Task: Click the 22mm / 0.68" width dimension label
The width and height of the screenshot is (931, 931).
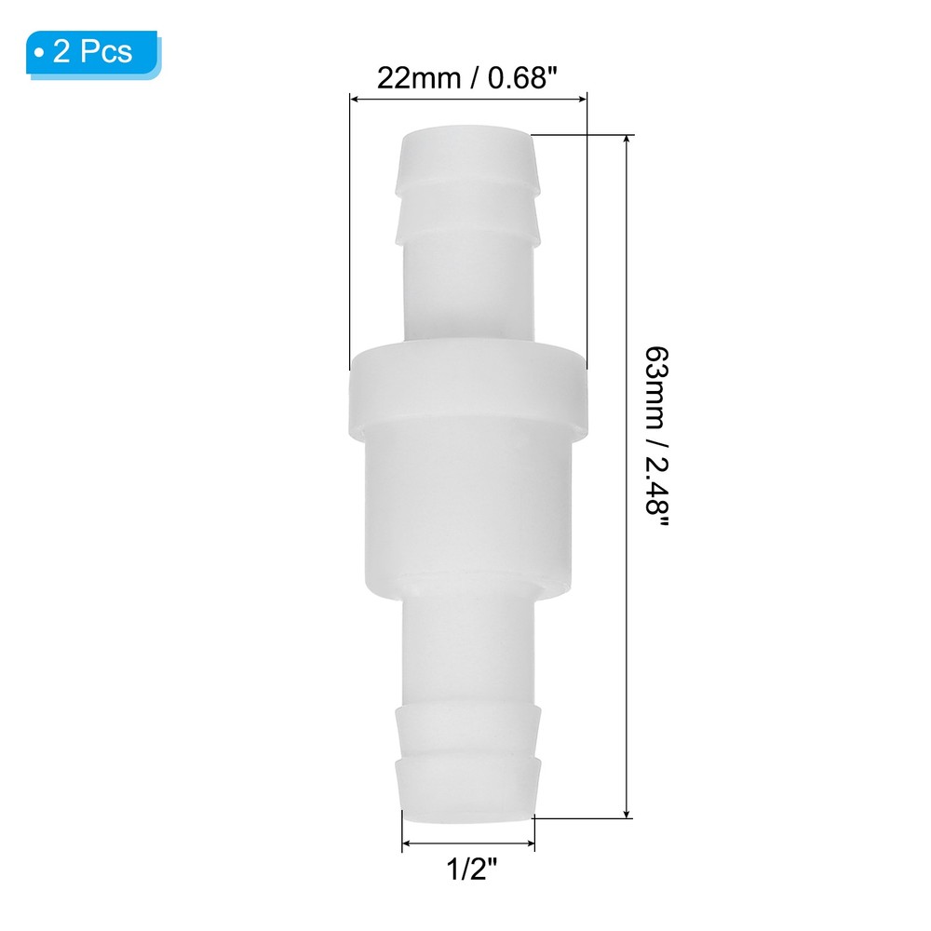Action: [467, 76]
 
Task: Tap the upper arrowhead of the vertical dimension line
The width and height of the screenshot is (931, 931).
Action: [628, 142]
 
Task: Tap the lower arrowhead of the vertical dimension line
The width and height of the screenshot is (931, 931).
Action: [628, 812]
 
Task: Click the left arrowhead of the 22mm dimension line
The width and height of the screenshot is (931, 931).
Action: [355, 96]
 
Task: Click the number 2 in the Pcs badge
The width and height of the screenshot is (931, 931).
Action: [62, 53]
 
